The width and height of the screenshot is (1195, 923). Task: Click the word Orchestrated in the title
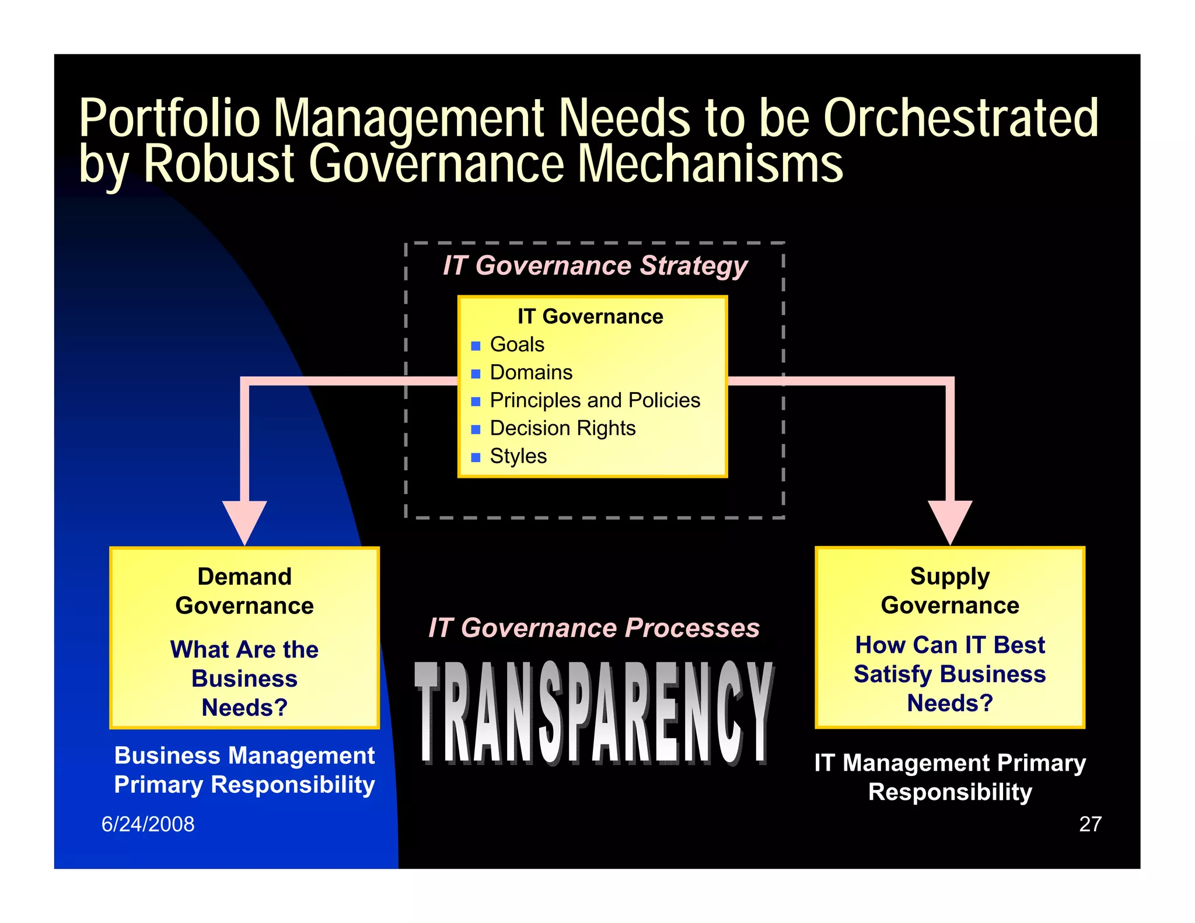click(960, 118)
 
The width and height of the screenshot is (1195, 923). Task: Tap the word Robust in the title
click(219, 164)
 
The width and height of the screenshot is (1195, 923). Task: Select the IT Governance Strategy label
click(595, 265)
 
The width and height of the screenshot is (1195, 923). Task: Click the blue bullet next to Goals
click(476, 345)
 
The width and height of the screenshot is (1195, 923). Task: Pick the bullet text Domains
click(531, 372)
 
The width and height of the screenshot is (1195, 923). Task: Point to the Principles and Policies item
click(595, 400)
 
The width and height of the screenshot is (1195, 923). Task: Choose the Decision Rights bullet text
click(562, 428)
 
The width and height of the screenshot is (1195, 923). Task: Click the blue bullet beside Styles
click(476, 457)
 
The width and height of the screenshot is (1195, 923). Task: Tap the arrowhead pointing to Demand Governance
click(244, 521)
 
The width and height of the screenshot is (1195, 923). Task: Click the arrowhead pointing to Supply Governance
click(950, 521)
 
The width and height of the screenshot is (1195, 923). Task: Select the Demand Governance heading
click(244, 591)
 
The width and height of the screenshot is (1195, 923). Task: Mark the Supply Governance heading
click(950, 590)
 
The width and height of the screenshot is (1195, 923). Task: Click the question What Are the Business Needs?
click(244, 679)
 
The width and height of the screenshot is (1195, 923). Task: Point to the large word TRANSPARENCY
click(594, 713)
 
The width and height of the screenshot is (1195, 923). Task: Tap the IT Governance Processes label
click(594, 628)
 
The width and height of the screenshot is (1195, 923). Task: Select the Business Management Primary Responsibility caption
click(244, 770)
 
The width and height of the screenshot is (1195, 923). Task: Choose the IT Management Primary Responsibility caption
click(950, 777)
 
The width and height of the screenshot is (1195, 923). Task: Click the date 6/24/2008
click(148, 824)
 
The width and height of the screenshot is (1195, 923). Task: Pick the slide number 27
click(1090, 824)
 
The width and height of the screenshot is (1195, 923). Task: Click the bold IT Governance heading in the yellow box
click(590, 317)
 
